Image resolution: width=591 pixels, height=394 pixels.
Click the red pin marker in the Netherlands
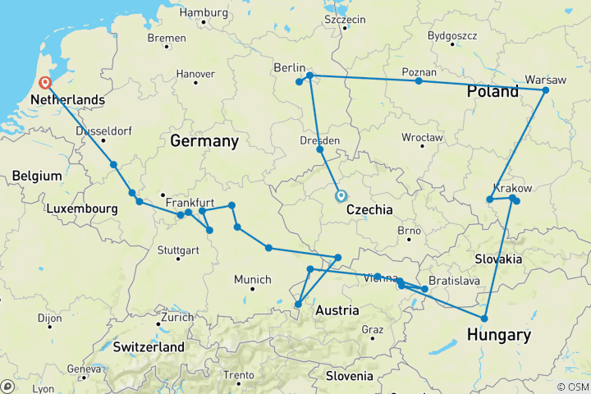tap(45, 82)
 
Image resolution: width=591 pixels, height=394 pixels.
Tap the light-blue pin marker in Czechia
tap(340, 195)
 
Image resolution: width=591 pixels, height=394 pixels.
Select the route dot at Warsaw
tap(545, 90)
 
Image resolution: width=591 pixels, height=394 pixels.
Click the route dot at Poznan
tap(419, 80)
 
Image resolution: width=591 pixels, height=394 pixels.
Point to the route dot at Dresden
tap(320, 149)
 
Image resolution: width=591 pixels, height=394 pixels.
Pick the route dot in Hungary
tap(484, 318)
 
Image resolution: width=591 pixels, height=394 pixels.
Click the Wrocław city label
tap(423, 137)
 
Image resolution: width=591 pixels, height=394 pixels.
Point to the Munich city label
tap(253, 280)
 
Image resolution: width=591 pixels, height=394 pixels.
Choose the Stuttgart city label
tap(178, 249)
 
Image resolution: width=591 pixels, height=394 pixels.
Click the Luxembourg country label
tap(81, 209)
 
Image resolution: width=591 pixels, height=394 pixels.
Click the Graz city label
tap(372, 330)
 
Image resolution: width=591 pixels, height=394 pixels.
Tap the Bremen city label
tap(167, 38)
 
